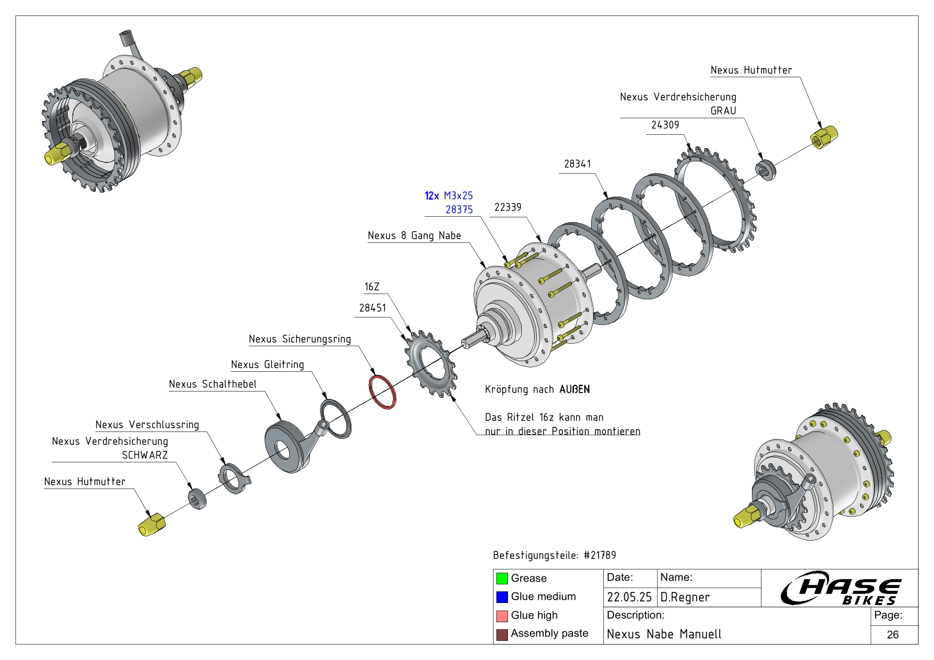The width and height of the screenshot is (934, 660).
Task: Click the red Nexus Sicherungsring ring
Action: pyautogui.click(x=382, y=392)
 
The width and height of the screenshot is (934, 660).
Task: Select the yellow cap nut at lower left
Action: pyautogui.click(x=152, y=524)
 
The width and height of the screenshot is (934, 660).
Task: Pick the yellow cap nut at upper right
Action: pyautogui.click(x=823, y=137)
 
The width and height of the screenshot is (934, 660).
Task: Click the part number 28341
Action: pyautogui.click(x=577, y=164)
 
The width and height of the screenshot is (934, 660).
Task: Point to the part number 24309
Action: pyautogui.click(x=665, y=125)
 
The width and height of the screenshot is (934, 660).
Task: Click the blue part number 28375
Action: pyautogui.click(x=459, y=210)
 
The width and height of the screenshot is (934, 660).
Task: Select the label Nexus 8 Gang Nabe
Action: pyautogui.click(x=414, y=235)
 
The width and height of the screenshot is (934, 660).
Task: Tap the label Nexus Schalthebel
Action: pyautogui.click(x=212, y=384)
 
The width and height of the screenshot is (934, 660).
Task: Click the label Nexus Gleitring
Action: pyautogui.click(x=267, y=364)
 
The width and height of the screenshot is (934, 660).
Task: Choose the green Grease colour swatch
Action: pyautogui.click(x=502, y=578)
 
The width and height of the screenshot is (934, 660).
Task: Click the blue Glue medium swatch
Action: pyautogui.click(x=502, y=597)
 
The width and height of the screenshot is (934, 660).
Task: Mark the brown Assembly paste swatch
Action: pyautogui.click(x=502, y=634)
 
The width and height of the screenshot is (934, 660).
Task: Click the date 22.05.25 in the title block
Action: pyautogui.click(x=629, y=597)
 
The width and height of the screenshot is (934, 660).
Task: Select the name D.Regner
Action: pyautogui.click(x=685, y=597)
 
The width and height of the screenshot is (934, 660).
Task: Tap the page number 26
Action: pyautogui.click(x=892, y=634)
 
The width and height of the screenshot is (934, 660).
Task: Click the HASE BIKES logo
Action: pyautogui.click(x=841, y=588)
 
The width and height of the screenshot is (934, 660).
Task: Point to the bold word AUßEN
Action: pyautogui.click(x=575, y=389)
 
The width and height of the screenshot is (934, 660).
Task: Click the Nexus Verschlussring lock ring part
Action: pyautogui.click(x=233, y=478)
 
